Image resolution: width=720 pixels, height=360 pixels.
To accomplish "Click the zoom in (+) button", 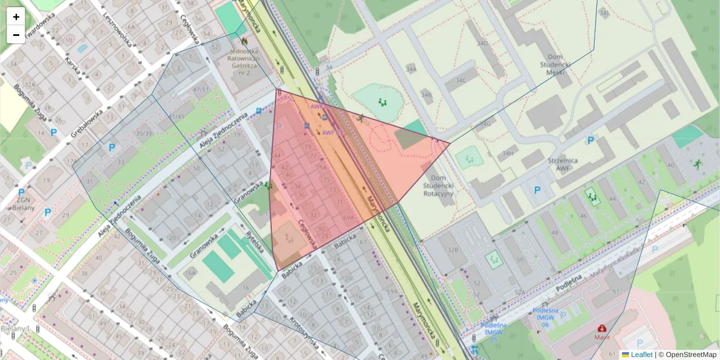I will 16,17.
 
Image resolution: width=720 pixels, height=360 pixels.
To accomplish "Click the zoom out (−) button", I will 16,35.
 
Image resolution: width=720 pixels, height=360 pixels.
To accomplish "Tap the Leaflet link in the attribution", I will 641,355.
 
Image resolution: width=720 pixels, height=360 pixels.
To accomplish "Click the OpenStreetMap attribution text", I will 687,355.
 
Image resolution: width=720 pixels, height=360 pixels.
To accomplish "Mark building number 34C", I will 460,80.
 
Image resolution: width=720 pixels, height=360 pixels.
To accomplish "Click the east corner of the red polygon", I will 449,143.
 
